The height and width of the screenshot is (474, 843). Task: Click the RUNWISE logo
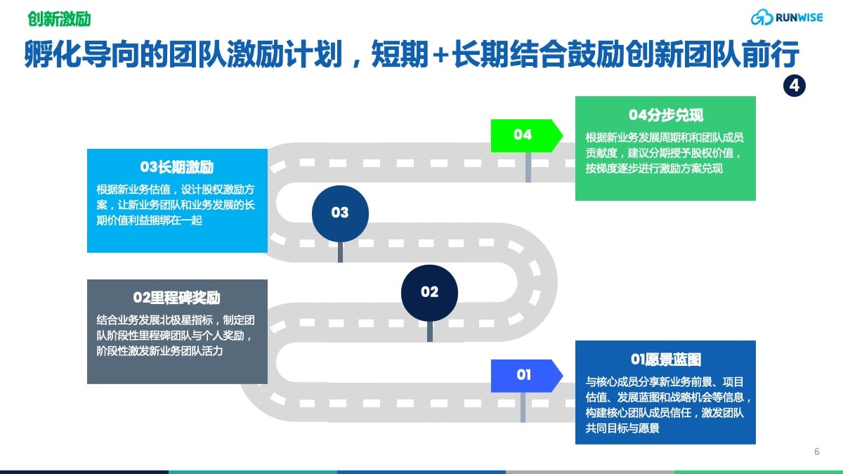coord(787,18)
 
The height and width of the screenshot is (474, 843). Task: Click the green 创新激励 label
coord(60,19)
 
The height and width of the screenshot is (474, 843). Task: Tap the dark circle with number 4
coord(794,86)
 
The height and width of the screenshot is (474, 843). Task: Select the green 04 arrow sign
coord(527,136)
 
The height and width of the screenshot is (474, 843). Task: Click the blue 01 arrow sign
coord(527,376)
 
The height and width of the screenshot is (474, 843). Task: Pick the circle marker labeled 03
coord(340,213)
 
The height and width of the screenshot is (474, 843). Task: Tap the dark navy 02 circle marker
coord(429,293)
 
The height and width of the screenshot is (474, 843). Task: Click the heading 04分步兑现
coord(666,115)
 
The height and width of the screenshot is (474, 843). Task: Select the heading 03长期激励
coord(177,167)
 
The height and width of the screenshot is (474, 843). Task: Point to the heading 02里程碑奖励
coord(177,298)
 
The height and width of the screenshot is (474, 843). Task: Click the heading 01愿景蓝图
coord(666,360)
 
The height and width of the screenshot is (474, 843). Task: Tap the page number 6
coord(816,452)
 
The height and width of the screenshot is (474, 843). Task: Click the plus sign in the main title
coord(440,55)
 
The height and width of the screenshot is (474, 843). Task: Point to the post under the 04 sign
coord(528,167)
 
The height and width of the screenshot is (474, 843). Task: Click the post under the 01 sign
coord(523,407)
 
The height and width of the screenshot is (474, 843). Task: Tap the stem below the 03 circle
coord(340,252)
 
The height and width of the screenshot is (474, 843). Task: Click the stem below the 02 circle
coord(430,331)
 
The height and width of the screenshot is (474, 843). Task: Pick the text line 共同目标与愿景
coord(622,428)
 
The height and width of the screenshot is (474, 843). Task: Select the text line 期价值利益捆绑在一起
coord(150,220)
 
